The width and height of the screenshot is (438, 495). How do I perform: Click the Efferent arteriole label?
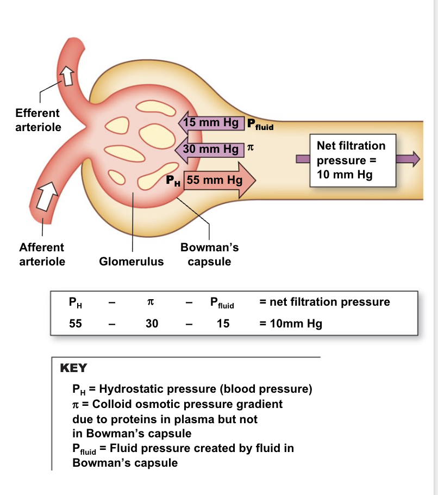[37, 120]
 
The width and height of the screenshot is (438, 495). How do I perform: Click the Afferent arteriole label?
[42, 254]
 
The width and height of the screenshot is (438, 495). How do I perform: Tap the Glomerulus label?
[131, 262]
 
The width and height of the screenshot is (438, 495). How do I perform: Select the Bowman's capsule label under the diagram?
[209, 254]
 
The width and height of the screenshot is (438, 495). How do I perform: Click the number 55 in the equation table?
[75, 324]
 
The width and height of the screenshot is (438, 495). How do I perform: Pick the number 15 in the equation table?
[223, 324]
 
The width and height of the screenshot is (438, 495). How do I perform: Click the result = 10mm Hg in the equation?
[291, 324]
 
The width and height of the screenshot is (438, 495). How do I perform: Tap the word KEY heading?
[73, 368]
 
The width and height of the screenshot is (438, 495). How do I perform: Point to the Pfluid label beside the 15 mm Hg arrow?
[260, 125]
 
